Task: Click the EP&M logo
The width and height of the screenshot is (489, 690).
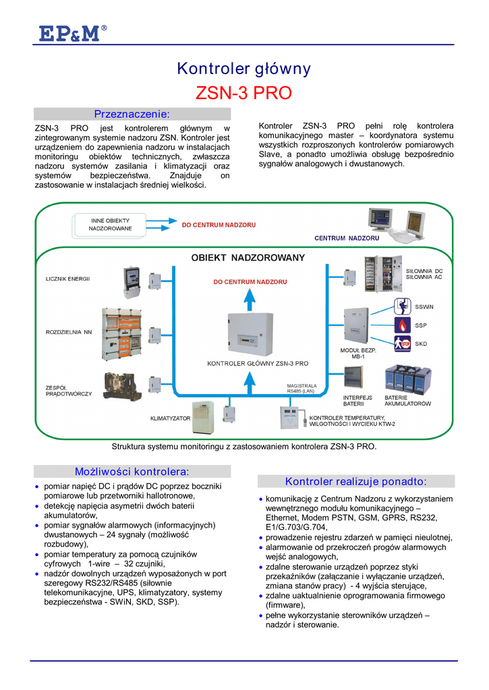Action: pos(69,33)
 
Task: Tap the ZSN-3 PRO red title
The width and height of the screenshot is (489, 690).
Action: pos(243,93)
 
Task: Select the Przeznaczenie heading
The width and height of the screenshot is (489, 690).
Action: pos(132,114)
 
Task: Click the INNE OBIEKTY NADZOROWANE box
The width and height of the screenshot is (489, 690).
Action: pos(111,224)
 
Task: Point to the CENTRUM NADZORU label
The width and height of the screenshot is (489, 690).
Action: pos(347,238)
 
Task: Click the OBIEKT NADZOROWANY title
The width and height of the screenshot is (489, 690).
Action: pos(248,257)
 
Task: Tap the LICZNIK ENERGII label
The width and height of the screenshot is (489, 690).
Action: pos(68,278)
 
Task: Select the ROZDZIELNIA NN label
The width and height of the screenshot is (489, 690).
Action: pos(69,332)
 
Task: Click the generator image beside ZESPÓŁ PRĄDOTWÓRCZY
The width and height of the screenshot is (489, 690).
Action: pos(119,385)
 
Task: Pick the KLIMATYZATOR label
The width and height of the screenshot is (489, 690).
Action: pos(170,418)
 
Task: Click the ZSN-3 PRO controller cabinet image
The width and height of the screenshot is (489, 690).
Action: pos(250,335)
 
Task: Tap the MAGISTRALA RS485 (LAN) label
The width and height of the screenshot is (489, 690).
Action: pos(301,388)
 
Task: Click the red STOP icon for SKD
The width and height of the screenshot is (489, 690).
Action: pos(401,344)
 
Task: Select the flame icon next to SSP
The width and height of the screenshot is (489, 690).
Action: pos(401,325)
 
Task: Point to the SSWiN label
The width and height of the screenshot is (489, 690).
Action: pos(424,307)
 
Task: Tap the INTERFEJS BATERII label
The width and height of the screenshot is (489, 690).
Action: pos(358,400)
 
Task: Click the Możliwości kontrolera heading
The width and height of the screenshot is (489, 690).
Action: pos(132,471)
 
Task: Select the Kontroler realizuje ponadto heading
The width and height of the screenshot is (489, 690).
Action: pos(356,481)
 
